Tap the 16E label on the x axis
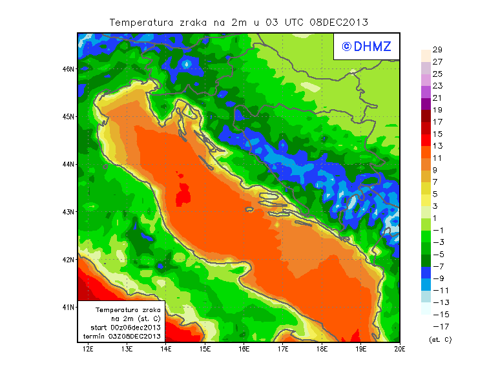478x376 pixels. coord(244,349)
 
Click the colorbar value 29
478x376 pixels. coord(437,50)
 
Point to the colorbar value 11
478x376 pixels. coord(437,158)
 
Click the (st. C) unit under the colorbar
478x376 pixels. coord(441,339)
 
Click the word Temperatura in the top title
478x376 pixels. coord(141,22)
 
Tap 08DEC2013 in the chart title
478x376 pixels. coord(338,22)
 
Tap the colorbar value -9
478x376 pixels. coord(437,278)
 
